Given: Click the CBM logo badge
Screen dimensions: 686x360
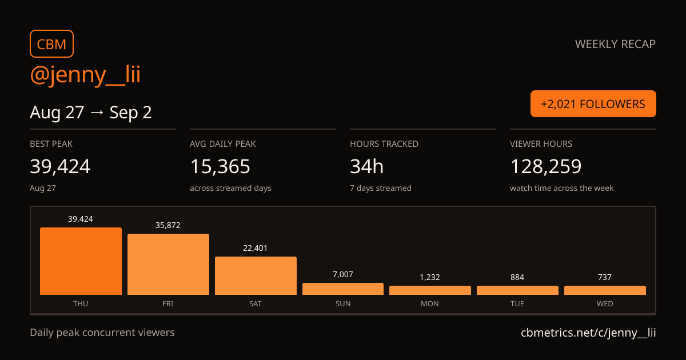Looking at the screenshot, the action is (x=51, y=44).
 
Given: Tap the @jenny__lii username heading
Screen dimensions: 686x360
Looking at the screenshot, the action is (x=85, y=75).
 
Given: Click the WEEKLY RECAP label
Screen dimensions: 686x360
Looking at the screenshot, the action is (x=615, y=44).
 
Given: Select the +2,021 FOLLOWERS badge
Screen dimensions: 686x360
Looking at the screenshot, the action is (x=593, y=104).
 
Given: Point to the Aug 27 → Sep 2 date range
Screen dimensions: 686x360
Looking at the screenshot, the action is (x=91, y=113).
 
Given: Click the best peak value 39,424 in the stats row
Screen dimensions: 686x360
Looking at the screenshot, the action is (x=60, y=166).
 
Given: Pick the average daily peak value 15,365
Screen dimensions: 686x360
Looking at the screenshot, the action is (x=220, y=166).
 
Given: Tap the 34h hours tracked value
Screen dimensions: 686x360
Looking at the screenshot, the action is (x=366, y=166).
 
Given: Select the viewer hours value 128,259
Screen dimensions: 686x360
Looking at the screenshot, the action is (x=546, y=166).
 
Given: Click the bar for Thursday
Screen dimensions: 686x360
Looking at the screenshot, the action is (x=81, y=261).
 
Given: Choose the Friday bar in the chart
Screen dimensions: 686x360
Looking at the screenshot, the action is (x=168, y=265).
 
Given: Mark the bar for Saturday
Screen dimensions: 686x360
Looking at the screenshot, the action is (x=256, y=276).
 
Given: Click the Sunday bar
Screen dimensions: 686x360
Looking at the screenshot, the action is (x=343, y=289).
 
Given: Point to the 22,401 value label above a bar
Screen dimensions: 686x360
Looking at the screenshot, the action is (x=255, y=248).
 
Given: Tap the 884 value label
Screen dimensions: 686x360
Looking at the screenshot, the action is (x=517, y=277).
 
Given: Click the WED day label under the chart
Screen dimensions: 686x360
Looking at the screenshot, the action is (x=605, y=303).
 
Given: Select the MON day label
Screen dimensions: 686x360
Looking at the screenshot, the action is (x=430, y=303).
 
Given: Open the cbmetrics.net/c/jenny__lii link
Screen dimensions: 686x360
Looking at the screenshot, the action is (x=588, y=333).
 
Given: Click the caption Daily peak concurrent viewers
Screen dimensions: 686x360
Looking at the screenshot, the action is (x=102, y=333).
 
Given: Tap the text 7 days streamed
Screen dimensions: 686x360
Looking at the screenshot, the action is (x=381, y=188).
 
